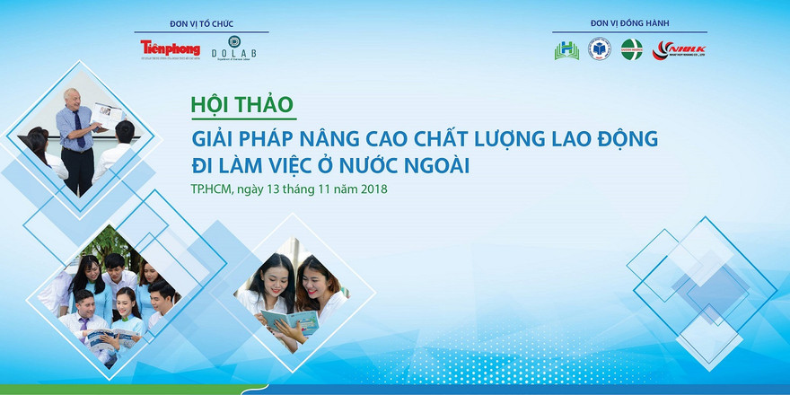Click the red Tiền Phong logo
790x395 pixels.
pos(170,48)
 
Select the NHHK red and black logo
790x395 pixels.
pos(679,49)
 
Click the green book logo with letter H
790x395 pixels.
pos(566,50)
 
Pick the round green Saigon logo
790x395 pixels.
pos(632,49)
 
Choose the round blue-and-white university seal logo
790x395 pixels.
pos(599,49)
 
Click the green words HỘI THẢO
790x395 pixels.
pos(242,104)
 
